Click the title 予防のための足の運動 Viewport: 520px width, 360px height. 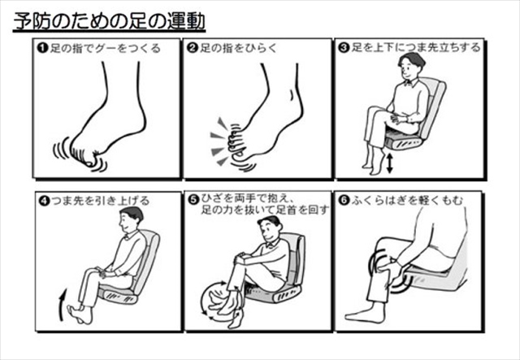(x=110, y=22)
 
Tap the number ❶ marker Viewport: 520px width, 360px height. (x=42, y=49)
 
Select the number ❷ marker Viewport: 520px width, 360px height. (x=193, y=49)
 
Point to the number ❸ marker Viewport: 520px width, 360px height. (x=344, y=48)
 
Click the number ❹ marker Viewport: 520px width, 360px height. (x=44, y=201)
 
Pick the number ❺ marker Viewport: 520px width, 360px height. (x=193, y=200)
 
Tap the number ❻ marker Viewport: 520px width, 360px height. (x=344, y=200)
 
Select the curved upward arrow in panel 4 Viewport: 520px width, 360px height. (x=62, y=305)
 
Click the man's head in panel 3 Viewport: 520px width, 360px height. (x=410, y=67)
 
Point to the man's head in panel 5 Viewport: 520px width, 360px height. (x=270, y=229)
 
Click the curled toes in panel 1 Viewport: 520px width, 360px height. (x=85, y=155)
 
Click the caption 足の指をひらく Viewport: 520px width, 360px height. (x=238, y=49)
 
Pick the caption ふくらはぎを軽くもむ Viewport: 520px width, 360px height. (x=407, y=201)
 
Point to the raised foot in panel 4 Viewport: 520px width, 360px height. (x=80, y=313)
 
